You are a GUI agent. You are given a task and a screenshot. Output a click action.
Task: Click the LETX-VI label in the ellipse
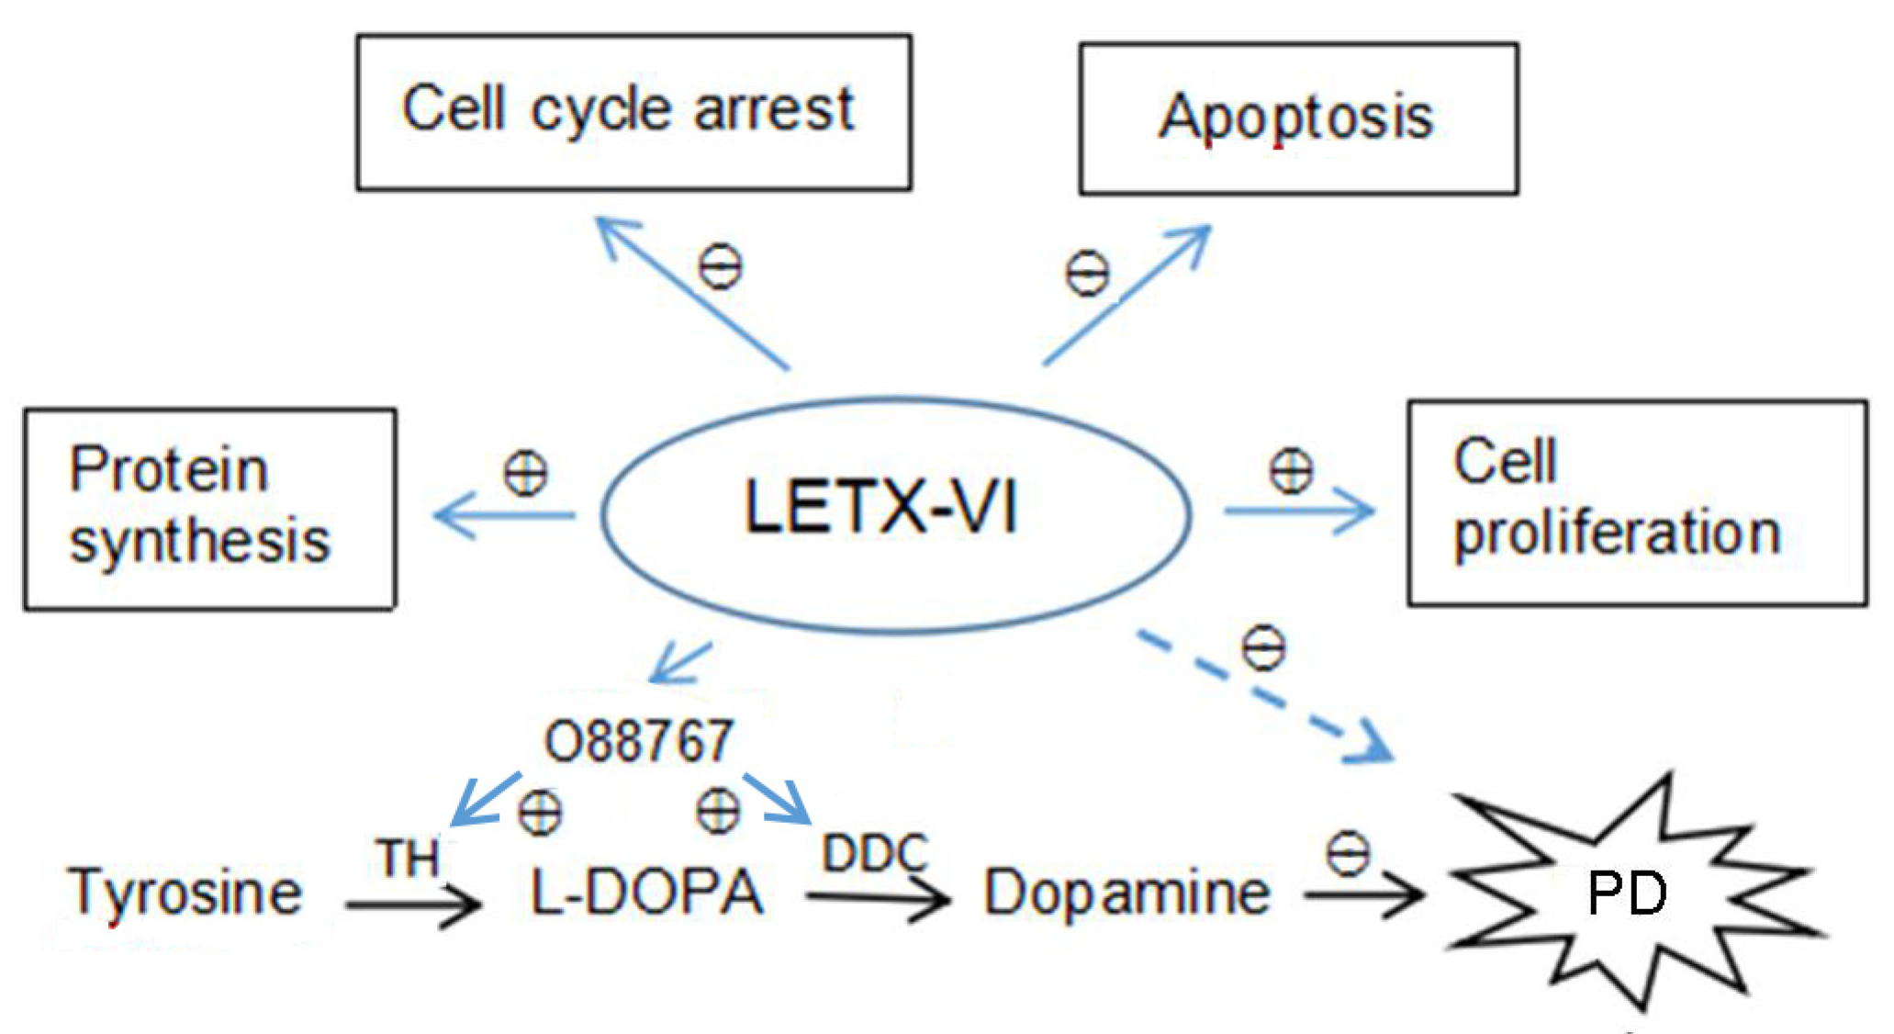(881, 507)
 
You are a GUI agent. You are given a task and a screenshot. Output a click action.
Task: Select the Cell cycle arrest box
(633, 112)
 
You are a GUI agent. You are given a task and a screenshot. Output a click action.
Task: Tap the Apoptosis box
(1297, 118)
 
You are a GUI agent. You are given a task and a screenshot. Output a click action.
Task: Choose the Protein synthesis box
(209, 508)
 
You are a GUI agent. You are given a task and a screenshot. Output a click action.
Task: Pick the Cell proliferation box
(1636, 502)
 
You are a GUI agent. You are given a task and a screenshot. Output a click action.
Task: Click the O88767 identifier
(639, 741)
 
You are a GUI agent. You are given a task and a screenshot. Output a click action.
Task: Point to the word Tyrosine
(185, 892)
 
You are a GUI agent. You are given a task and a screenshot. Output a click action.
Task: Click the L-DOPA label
(647, 892)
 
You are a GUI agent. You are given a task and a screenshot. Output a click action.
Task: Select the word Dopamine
(1127, 892)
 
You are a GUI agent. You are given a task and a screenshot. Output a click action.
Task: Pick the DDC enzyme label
(874, 853)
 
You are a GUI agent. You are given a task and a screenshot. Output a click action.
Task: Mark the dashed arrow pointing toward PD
(1267, 698)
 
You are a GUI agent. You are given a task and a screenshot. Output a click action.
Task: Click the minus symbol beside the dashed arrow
(1264, 648)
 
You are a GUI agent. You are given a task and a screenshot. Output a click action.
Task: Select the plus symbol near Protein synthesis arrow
(525, 474)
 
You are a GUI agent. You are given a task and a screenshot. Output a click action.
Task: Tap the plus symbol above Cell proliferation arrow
(1291, 471)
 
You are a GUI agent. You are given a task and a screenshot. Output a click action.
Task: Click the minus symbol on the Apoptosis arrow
(1087, 273)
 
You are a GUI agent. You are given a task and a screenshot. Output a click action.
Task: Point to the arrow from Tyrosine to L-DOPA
(413, 905)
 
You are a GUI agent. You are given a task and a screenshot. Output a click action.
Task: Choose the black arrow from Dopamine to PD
(1362, 894)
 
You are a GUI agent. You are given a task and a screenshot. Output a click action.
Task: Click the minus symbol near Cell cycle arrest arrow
(720, 267)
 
